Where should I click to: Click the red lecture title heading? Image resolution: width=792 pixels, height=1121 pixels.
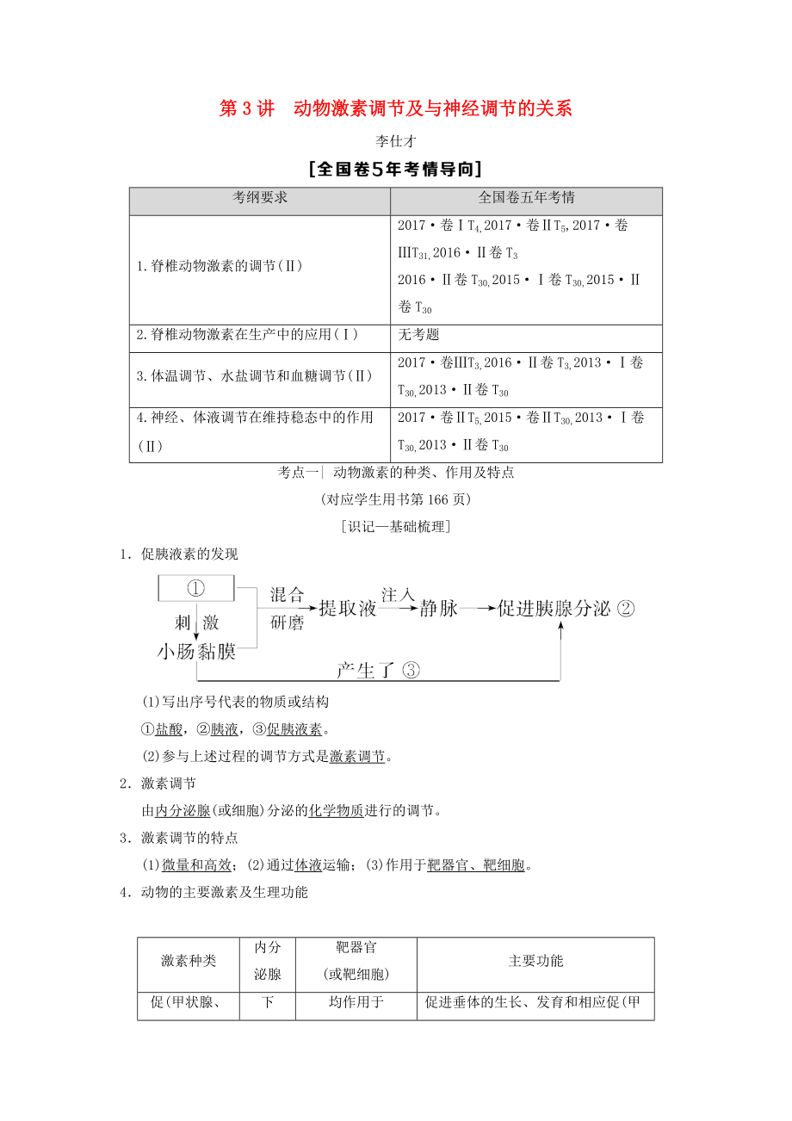tap(395, 108)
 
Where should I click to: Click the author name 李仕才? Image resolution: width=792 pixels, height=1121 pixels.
tap(395, 141)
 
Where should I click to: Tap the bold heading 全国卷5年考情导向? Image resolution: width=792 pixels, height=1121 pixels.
tap(395, 169)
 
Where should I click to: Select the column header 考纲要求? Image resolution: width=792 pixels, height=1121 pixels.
tap(260, 197)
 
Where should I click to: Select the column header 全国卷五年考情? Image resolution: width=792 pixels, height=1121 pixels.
tap(526, 197)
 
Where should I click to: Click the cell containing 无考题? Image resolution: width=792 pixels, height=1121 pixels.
tap(418, 334)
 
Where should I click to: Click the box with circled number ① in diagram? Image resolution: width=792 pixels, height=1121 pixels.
tap(196, 588)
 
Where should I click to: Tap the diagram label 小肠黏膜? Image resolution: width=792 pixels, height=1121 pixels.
tap(196, 651)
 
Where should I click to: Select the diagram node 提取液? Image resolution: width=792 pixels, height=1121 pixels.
tap(348, 609)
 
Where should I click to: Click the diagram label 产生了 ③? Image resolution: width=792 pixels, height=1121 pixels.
tap(366, 670)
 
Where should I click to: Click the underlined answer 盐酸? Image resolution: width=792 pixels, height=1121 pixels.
tap(169, 729)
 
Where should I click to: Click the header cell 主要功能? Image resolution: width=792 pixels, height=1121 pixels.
tap(535, 961)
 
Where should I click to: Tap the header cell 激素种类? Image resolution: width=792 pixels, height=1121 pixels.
tap(189, 961)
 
